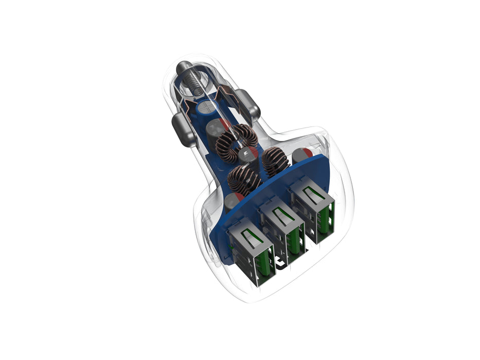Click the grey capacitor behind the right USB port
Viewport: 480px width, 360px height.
[301, 155]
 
